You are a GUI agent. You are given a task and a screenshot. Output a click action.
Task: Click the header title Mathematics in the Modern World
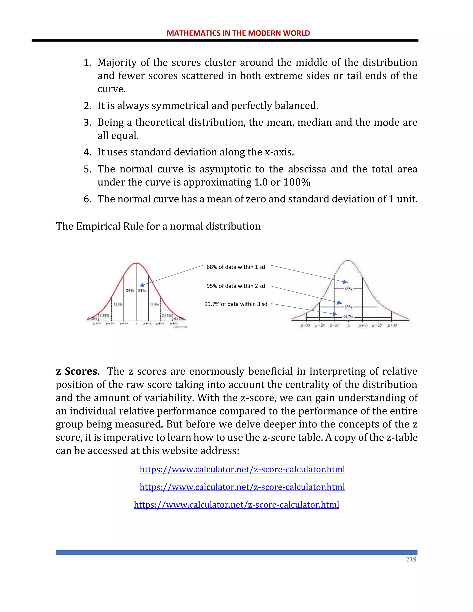[238, 33]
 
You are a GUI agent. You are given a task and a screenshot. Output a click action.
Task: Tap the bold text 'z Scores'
[77, 371]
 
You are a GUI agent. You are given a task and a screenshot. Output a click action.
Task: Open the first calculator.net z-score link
[242, 469]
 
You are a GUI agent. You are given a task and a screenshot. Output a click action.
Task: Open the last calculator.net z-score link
[236, 505]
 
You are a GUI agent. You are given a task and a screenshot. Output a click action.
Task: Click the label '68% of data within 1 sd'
[235, 267]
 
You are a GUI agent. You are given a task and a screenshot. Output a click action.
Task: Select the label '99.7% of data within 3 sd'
[235, 304]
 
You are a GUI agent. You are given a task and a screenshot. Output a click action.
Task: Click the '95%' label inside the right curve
[348, 307]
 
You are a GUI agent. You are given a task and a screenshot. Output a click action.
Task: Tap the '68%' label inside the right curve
[348, 289]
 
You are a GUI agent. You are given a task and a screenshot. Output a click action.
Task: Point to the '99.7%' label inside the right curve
[348, 317]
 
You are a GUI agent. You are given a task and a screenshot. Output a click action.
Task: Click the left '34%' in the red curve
[130, 291]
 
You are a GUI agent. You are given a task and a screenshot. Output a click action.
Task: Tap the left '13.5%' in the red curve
[118, 304]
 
